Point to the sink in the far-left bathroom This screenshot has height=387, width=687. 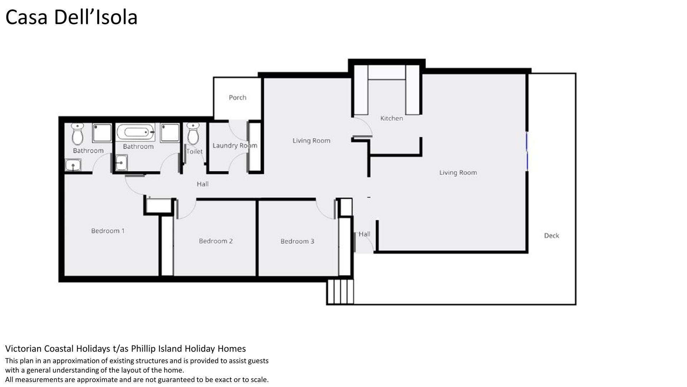(x=73, y=165)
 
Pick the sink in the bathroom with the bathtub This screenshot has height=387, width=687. (x=121, y=163)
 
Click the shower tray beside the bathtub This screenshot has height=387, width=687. (x=170, y=133)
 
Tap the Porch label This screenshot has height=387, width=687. (x=238, y=97)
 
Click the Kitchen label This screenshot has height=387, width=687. (x=391, y=118)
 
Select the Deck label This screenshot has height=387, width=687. (x=551, y=235)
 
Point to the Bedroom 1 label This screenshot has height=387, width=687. (x=108, y=231)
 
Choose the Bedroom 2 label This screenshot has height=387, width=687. (x=216, y=241)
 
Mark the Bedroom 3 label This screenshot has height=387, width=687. (x=297, y=241)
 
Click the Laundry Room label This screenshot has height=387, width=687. (x=235, y=145)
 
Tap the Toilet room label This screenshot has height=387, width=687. (x=195, y=151)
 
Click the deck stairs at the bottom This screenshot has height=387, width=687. (x=340, y=292)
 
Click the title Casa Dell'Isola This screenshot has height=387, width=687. (x=72, y=17)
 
